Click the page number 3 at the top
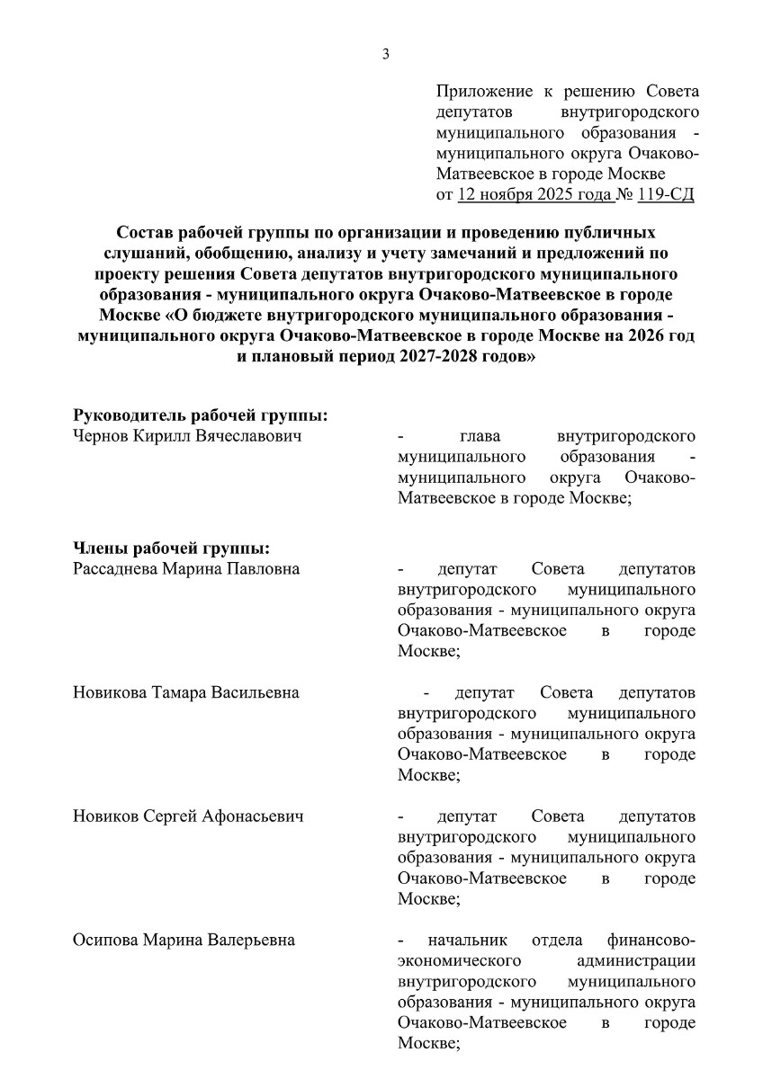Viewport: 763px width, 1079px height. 386,55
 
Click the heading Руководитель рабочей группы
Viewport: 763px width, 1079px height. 199,416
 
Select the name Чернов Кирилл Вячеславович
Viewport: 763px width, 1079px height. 185,437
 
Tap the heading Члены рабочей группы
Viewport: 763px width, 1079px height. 172,548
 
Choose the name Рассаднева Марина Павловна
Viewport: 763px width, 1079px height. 186,569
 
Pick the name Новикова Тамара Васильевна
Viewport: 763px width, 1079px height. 186,693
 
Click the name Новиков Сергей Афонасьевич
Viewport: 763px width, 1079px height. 188,817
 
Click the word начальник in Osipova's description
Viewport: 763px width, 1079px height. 468,941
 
